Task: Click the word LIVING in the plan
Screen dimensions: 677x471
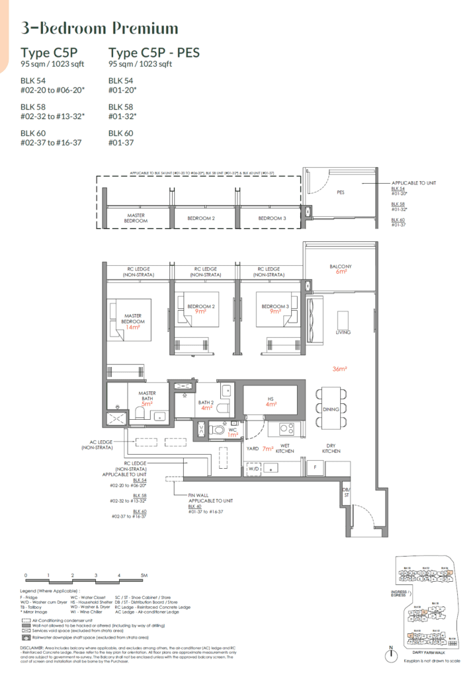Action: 343,333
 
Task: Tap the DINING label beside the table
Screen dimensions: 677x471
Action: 330,409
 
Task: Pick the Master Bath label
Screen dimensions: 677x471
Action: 147,395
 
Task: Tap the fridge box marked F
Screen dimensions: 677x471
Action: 316,467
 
